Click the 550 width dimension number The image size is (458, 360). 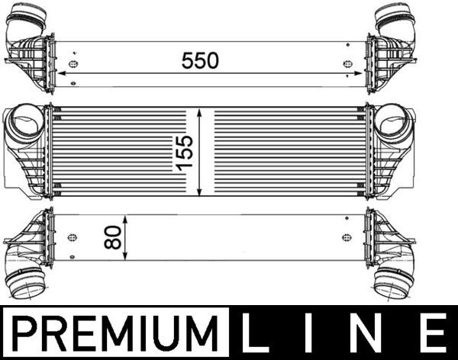(200, 60)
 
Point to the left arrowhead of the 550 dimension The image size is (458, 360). (60, 74)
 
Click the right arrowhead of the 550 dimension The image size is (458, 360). (359, 74)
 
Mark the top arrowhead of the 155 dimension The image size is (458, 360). (200, 111)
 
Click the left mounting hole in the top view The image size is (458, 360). (73, 64)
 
